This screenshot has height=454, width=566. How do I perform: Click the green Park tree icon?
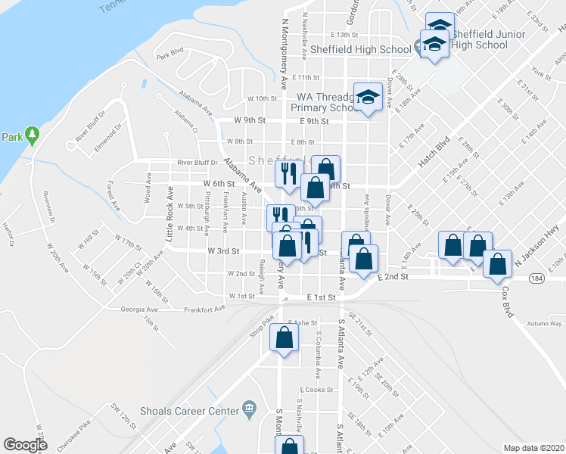pyautogui.click(x=31, y=135)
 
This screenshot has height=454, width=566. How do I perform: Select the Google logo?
pyautogui.click(x=25, y=445)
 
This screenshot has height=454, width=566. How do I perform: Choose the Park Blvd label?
pyautogui.click(x=170, y=54)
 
